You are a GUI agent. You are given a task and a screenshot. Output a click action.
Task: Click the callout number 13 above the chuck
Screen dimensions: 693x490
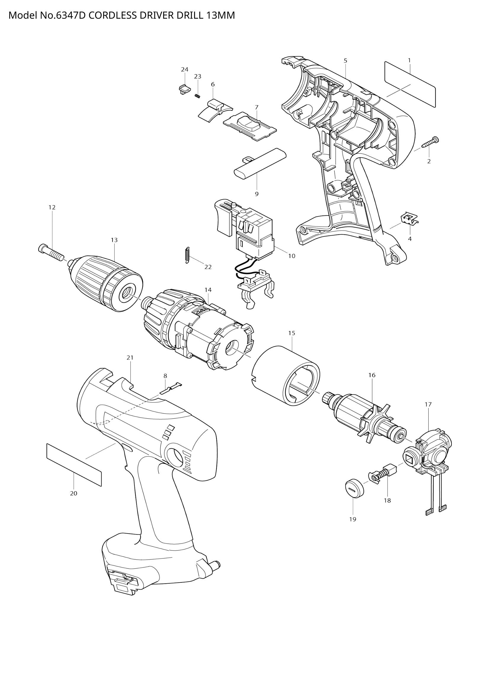coord(114,240)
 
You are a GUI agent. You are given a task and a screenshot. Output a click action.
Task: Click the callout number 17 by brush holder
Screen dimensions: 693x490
coord(428,404)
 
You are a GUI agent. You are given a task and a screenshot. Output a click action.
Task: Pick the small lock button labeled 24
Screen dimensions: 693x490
coord(183,89)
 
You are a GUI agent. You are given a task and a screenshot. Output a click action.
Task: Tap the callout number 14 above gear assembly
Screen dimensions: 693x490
coord(208,290)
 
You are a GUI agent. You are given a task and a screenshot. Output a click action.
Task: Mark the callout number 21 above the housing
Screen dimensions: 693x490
coord(130,357)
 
